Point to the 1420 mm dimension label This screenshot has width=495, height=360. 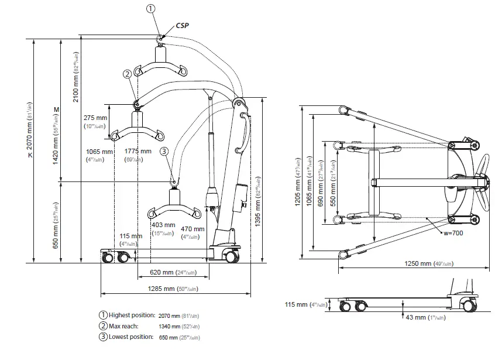57,140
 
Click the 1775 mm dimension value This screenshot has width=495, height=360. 137,151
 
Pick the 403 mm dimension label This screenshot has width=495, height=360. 163,225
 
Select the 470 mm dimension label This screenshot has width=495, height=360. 193,229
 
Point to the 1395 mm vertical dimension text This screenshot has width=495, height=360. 259,199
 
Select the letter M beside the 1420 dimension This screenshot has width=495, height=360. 57,109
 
